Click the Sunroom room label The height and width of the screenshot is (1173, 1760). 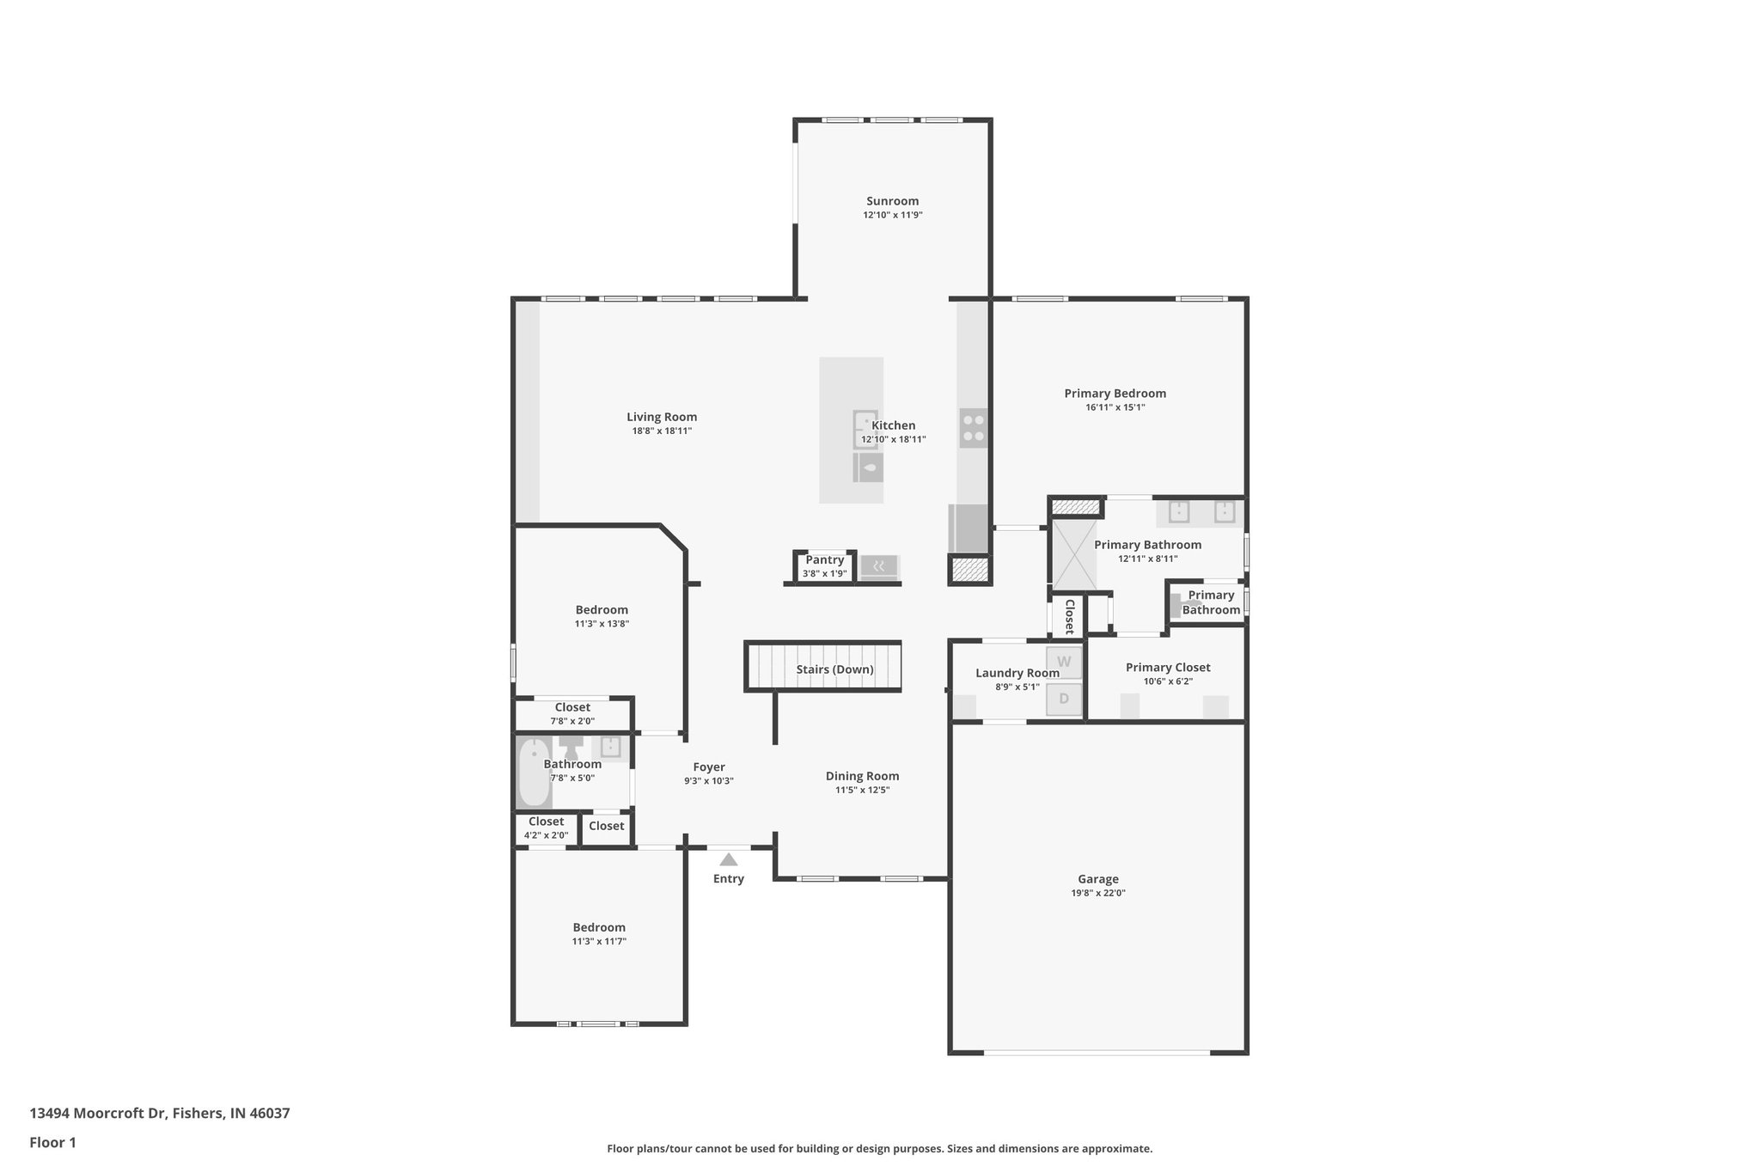tap(892, 201)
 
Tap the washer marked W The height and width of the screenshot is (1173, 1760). tap(1064, 662)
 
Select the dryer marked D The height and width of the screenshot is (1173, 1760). tap(1064, 699)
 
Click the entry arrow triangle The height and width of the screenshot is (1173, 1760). tap(729, 859)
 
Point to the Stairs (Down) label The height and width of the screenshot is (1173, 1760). tap(834, 669)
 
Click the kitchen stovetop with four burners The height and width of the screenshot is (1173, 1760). tap(974, 428)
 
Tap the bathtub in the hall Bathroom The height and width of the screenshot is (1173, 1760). tap(534, 773)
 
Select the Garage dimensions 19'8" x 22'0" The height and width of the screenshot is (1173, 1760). tap(1097, 893)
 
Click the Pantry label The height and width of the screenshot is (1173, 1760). tap(824, 560)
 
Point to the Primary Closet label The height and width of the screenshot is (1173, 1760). tap(1168, 668)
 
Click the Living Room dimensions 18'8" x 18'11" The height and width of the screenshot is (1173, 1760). tap(662, 431)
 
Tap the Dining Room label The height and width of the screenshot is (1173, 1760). tap(862, 776)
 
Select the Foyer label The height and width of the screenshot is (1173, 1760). tap(709, 767)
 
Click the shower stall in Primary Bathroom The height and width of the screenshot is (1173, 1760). tap(1075, 554)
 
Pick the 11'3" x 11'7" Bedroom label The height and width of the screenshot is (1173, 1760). tap(599, 928)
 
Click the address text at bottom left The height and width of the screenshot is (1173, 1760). tap(160, 1114)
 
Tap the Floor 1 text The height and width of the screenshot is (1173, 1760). tap(53, 1143)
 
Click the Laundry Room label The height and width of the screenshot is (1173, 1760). tap(1017, 673)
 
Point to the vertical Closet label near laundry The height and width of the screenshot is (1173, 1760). tap(1069, 616)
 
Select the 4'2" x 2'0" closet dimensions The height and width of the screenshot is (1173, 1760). tap(546, 835)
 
